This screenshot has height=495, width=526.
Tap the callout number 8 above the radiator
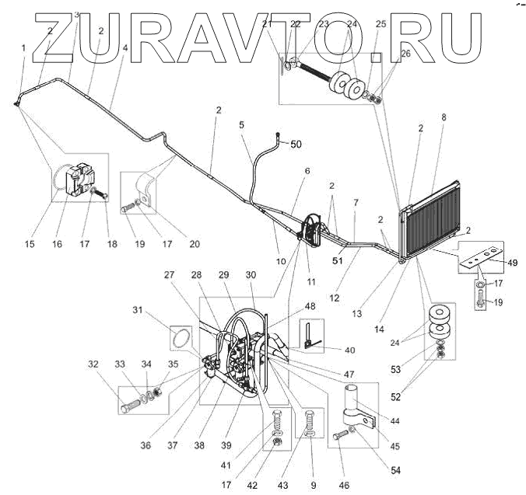click(x=443, y=118)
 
